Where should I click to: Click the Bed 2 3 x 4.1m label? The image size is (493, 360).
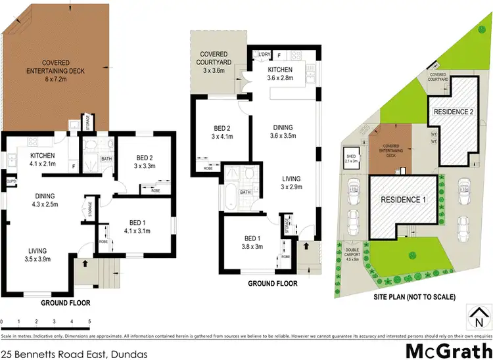(x=212, y=133)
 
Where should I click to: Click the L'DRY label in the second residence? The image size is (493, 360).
(x=265, y=54)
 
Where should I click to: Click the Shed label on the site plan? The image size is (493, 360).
(x=350, y=156)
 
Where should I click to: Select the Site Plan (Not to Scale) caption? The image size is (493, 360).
(x=411, y=297)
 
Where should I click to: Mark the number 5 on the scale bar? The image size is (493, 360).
(x=89, y=321)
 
